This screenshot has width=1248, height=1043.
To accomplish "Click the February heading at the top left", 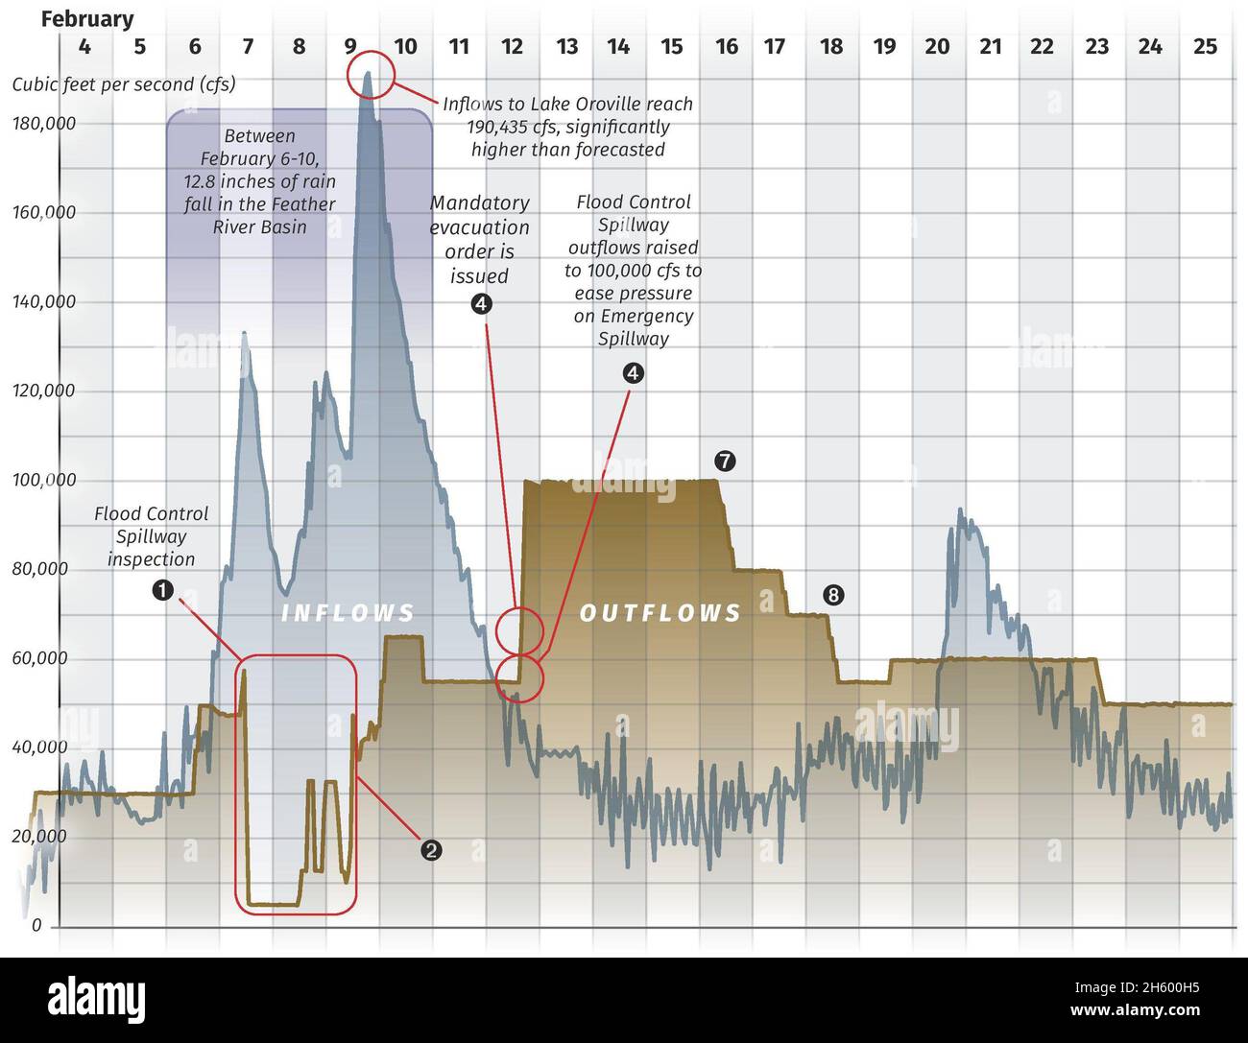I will coord(87,19).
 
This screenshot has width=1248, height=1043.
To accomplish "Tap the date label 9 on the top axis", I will coord(350,46).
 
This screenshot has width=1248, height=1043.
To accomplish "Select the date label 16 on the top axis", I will coord(727,46).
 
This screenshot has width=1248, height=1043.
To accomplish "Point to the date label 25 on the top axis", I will coord(1205,46).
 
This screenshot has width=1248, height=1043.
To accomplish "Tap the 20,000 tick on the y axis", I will coord(44,836).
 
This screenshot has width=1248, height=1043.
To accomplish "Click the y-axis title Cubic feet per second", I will coord(123,84).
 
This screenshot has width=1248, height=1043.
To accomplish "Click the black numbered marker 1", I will coord(163,589).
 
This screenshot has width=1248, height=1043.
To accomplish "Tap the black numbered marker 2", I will coord(432,849).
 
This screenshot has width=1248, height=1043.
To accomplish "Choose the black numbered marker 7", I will coord(725,461).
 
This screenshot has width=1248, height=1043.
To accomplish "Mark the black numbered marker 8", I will coord(832,596).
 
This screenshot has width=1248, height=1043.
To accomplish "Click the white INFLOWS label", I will coord(348,613).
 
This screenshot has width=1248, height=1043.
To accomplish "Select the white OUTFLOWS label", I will coord(660,613).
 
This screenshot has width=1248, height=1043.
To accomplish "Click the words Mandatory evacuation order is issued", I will coord(479,240).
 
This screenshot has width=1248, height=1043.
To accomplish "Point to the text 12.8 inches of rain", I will coord(260,181).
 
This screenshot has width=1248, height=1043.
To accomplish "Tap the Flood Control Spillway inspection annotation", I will coord(151,536).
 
